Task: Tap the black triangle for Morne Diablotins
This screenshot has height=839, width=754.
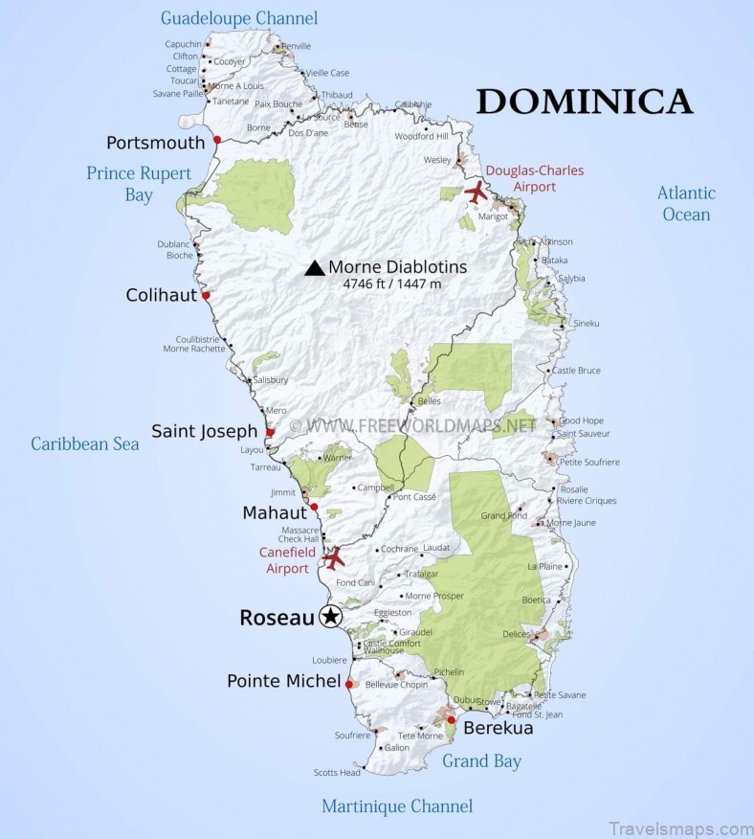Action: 314,268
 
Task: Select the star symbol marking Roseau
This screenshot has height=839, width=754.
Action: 330,617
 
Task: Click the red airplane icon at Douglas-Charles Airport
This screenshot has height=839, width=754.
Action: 476,193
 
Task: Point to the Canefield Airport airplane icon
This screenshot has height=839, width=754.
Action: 334,557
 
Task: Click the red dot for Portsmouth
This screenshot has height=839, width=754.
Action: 217,140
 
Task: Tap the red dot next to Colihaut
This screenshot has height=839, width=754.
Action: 206,296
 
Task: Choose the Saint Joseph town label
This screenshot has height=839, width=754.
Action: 205,431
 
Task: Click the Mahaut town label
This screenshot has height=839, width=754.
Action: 274,512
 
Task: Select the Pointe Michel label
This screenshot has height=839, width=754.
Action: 283,681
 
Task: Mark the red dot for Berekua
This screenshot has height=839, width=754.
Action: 451,719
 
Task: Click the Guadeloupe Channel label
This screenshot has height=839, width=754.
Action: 239,18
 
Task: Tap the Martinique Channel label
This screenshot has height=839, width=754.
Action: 397,805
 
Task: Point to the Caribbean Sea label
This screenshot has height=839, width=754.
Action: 85,443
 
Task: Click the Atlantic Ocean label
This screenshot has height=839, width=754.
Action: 686,203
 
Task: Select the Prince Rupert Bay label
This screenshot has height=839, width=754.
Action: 139,184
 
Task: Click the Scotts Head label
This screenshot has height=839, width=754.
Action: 337,773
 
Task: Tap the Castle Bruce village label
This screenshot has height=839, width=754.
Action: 576,370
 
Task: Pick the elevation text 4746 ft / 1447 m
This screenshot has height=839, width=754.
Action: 392,284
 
